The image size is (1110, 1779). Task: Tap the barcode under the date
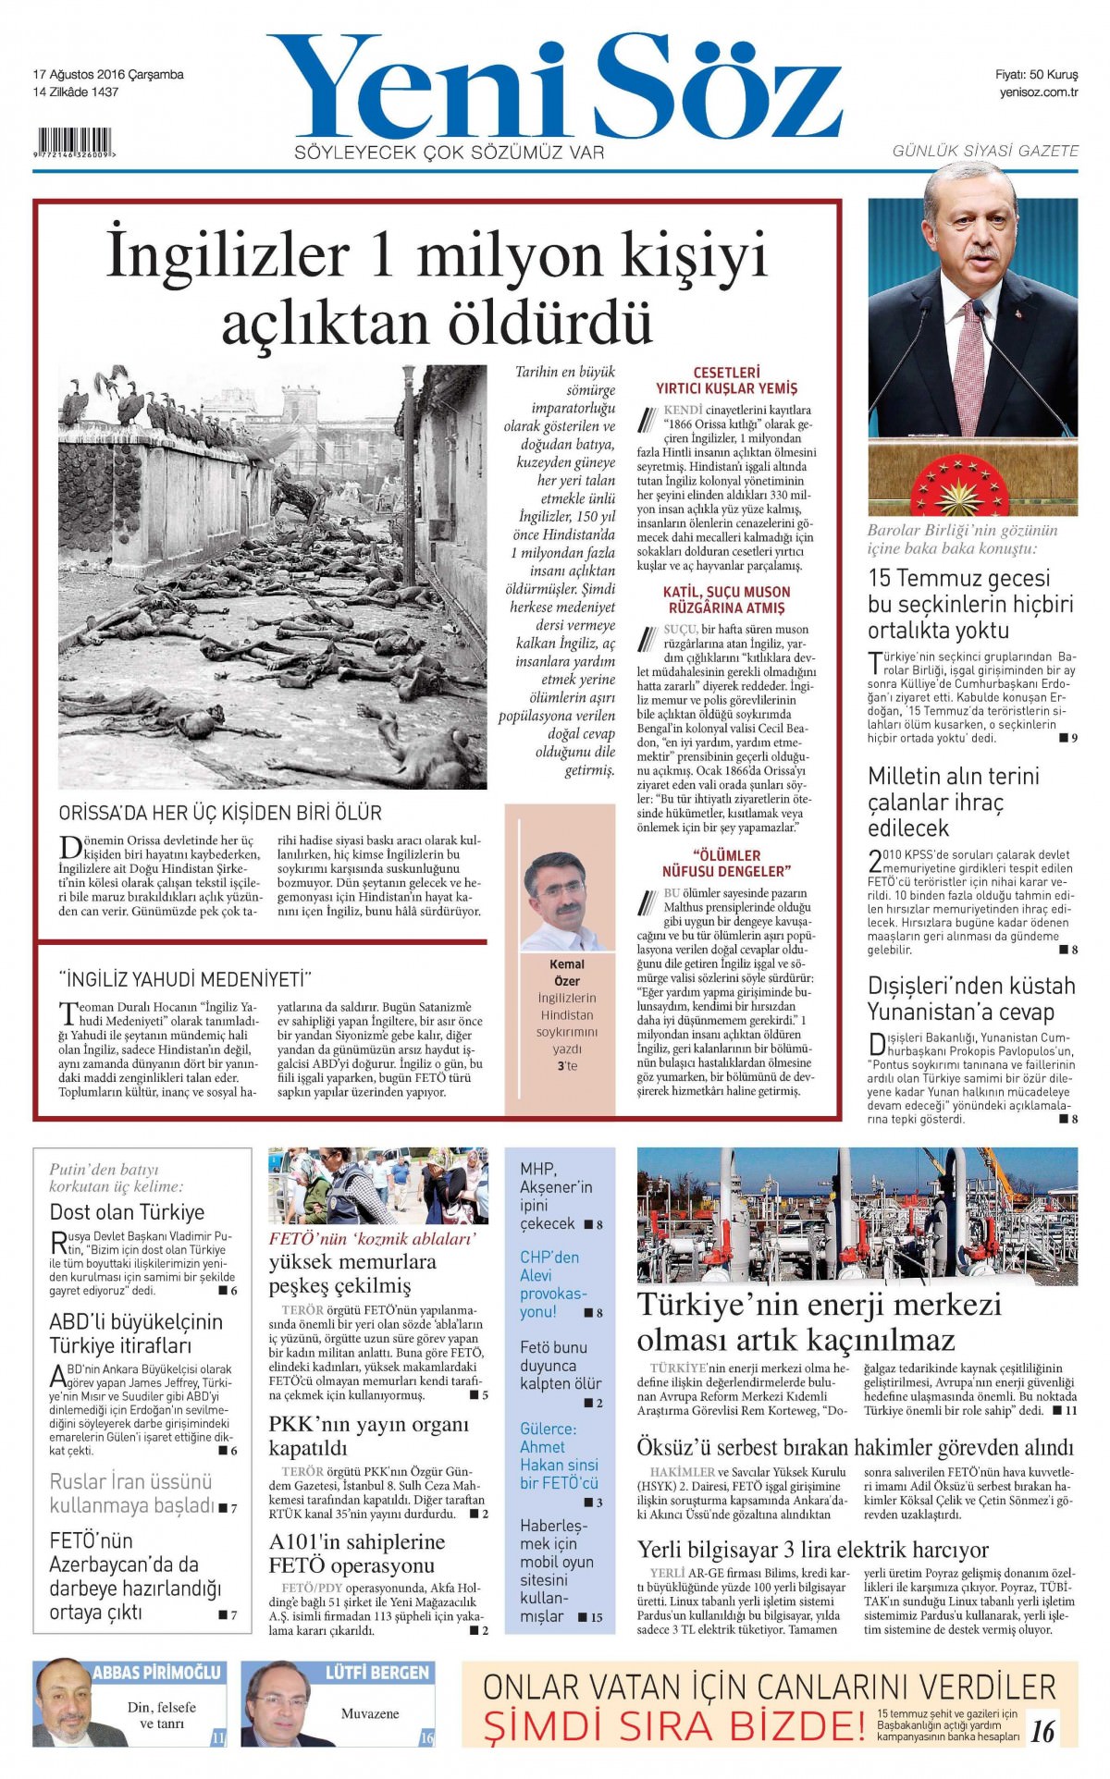(x=74, y=143)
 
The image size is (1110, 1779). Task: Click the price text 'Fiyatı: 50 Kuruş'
(x=1036, y=75)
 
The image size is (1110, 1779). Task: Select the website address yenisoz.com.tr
(x=1038, y=92)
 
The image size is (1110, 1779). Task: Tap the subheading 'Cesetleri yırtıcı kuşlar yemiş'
(x=726, y=381)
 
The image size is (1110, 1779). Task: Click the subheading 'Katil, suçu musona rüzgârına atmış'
(x=726, y=600)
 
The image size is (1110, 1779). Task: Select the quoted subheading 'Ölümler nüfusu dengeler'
(x=726, y=863)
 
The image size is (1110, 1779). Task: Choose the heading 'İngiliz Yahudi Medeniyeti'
(x=185, y=979)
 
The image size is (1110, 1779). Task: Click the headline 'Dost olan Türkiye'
(x=127, y=1212)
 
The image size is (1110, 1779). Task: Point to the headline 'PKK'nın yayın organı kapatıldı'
(x=368, y=1436)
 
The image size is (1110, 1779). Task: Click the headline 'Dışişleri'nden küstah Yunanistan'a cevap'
(x=971, y=999)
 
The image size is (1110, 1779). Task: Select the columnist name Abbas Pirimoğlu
(x=157, y=1673)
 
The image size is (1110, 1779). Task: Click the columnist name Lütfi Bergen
(x=377, y=1673)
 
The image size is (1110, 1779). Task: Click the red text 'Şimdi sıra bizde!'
(x=675, y=1726)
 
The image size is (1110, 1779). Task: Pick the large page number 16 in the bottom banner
(x=1042, y=1730)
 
